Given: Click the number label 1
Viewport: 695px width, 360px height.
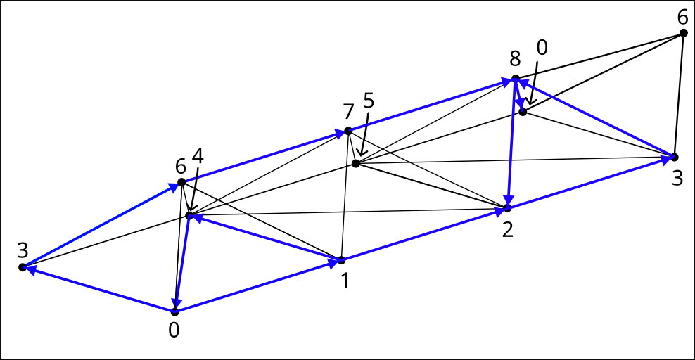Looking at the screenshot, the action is (345, 281).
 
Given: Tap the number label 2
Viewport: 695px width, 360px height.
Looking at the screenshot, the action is (507, 229).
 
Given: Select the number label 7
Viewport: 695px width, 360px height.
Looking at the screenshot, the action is (348, 112).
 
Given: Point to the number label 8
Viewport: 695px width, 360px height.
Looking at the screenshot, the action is (515, 58).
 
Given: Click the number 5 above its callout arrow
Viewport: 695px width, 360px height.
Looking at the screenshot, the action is (369, 101).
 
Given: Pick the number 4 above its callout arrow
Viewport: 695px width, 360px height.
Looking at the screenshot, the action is (198, 156).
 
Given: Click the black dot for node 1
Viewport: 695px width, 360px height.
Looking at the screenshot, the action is (341, 260).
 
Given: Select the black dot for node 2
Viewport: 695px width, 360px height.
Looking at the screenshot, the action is (507, 207).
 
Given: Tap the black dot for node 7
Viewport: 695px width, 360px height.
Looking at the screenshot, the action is (348, 131).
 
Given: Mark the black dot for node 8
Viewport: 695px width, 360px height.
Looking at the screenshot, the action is (516, 79).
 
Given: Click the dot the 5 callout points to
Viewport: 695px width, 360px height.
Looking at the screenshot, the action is (355, 163).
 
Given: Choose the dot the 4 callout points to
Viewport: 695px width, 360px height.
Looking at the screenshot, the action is (190, 216).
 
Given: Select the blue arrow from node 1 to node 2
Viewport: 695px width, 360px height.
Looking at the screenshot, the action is (424, 234).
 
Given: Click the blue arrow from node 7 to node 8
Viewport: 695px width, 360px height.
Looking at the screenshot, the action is (432, 105).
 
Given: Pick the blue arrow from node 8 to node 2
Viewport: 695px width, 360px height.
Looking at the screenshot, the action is (511, 143).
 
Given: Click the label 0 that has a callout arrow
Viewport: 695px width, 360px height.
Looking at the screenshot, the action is (542, 47).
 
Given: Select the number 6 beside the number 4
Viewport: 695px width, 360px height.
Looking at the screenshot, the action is (180, 167).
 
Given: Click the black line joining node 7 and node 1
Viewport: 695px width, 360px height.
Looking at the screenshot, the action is (345, 195).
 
